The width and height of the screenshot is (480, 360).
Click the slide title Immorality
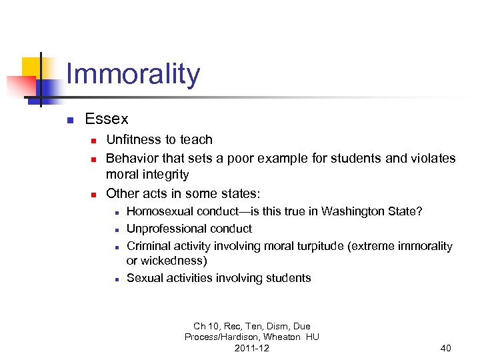[x=133, y=74]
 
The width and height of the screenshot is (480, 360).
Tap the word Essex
[x=107, y=119]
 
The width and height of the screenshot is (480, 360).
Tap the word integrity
[x=165, y=175]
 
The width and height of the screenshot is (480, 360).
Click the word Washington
[x=353, y=211]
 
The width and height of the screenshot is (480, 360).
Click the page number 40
[x=445, y=348]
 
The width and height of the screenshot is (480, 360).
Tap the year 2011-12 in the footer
[x=251, y=348]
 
